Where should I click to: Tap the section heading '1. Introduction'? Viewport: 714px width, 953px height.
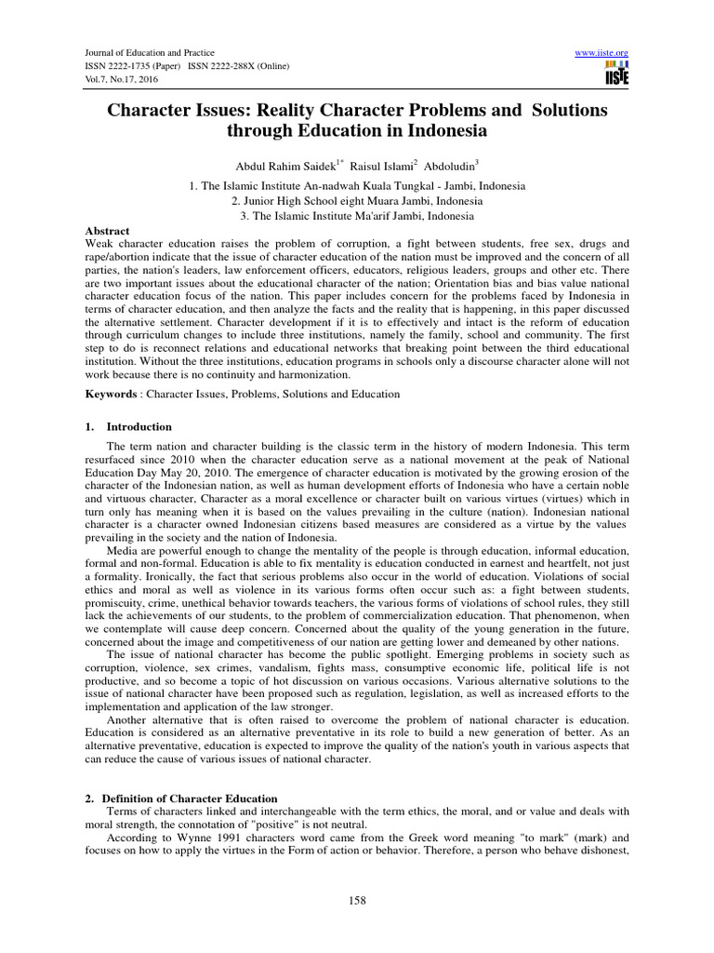pos(130,426)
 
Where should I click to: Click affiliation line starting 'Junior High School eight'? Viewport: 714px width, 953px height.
pos(357,200)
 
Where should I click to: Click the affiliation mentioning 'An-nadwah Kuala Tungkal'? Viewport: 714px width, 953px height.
pos(357,185)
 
